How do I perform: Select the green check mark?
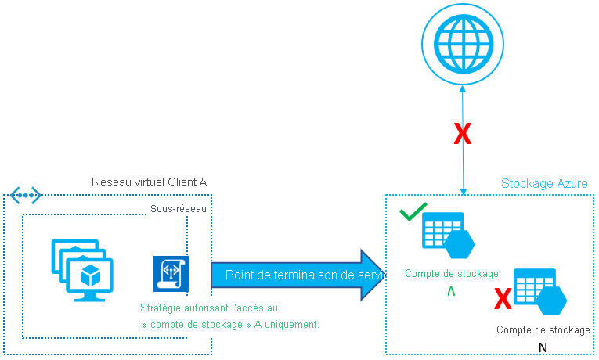pos(413,212)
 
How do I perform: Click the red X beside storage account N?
pos(502,297)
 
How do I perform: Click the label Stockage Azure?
pos(544,184)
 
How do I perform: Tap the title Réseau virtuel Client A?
pos(150,182)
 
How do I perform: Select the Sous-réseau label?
pos(172,209)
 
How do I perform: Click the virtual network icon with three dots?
pos(25,194)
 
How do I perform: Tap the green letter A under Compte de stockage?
pos(451,291)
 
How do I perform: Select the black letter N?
pos(543,347)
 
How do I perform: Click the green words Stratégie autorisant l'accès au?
pos(208,308)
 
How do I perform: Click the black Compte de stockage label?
pos(543,330)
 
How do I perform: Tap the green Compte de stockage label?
pos(452,274)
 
